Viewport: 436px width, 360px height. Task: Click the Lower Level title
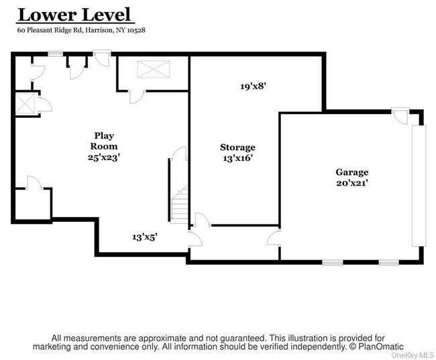pyautogui.click(x=75, y=14)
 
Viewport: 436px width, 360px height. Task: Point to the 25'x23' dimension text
pyautogui.click(x=104, y=158)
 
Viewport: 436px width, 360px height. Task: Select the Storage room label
pyautogui.click(x=237, y=147)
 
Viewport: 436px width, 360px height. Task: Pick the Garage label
pyautogui.click(x=352, y=172)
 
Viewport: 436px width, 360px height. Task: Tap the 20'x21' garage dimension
pyautogui.click(x=352, y=182)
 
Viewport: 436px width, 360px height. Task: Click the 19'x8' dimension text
pyautogui.click(x=254, y=86)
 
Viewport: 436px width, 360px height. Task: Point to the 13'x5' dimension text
pyautogui.click(x=145, y=237)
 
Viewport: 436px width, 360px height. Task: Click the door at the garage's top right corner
pyautogui.click(x=401, y=115)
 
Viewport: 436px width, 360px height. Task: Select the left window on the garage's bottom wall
pyautogui.click(x=333, y=262)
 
